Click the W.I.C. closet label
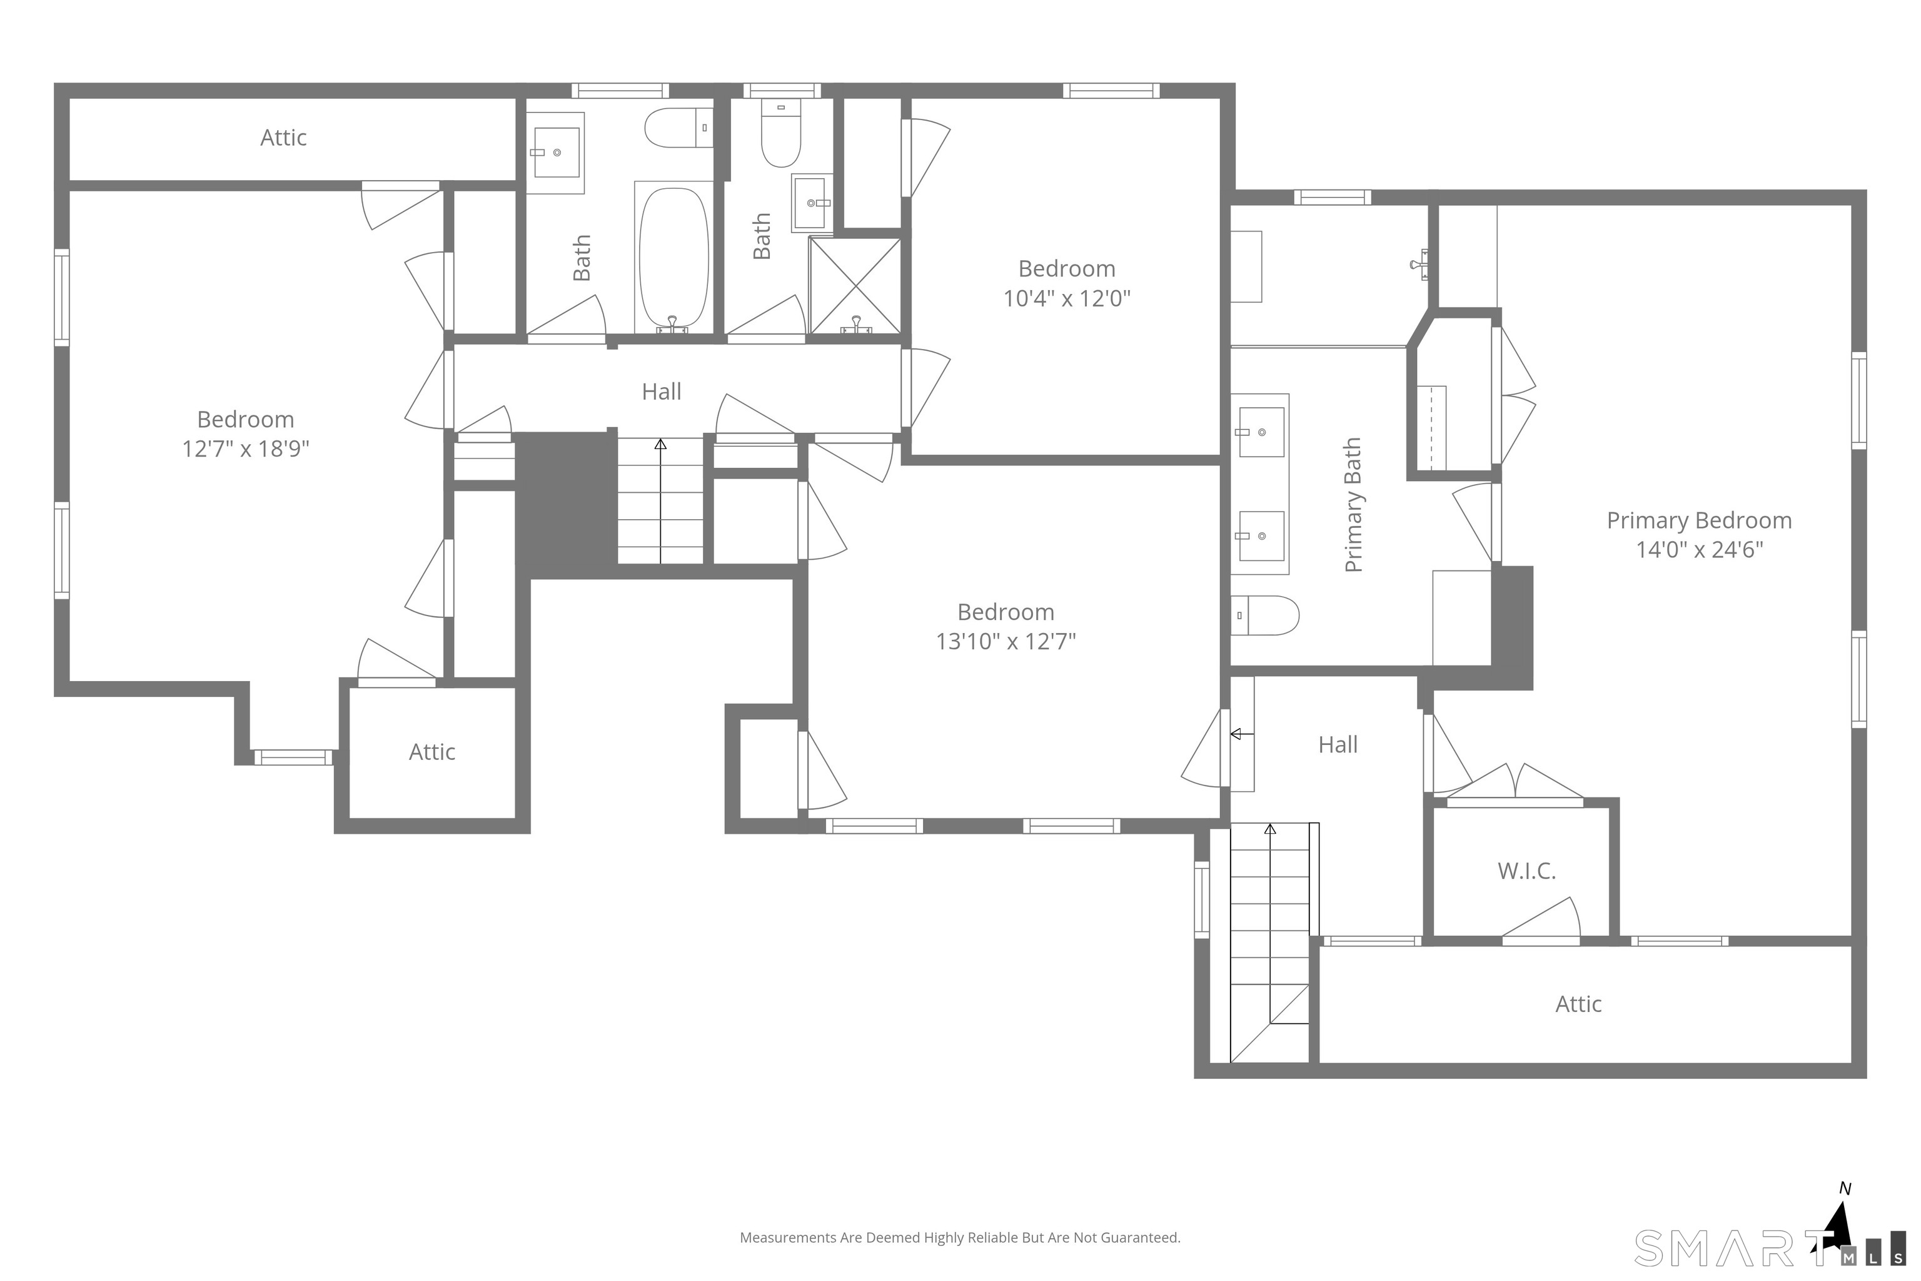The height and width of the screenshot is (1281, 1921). click(x=1526, y=871)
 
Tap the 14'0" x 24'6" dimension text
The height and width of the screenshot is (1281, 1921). click(x=1699, y=550)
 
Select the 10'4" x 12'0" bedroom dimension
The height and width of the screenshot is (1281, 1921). click(x=1066, y=299)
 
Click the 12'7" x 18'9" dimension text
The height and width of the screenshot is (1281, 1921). click(x=245, y=449)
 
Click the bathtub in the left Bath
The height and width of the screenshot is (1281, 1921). click(x=673, y=257)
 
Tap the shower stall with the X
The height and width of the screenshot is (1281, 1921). click(x=854, y=285)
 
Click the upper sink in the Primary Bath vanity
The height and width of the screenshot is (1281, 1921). click(x=1260, y=432)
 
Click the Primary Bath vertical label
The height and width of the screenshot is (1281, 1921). click(x=1353, y=505)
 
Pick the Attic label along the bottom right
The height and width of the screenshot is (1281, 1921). click(x=1578, y=1004)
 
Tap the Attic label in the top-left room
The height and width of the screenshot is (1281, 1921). click(x=283, y=137)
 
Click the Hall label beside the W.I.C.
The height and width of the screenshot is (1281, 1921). click(x=1338, y=744)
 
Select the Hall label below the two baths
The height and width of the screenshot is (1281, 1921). click(x=661, y=392)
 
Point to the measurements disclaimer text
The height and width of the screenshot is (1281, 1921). click(x=960, y=1238)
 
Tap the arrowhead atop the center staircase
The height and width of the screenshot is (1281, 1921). click(x=660, y=443)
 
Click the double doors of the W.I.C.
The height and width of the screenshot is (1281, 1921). click(x=1516, y=784)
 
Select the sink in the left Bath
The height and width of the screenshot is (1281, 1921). click(x=555, y=152)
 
